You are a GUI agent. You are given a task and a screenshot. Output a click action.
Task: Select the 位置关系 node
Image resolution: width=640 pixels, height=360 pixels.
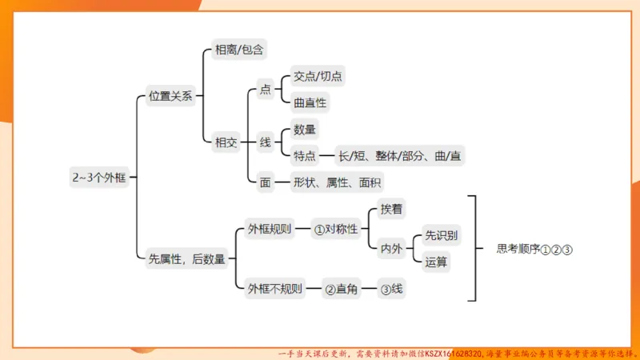170,96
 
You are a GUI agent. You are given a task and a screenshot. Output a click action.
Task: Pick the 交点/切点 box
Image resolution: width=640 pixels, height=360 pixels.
318,77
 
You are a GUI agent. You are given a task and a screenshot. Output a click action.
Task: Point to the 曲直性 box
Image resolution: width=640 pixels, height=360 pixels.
310,103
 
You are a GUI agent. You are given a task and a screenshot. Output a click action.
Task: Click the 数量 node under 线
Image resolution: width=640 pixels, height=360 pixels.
304,130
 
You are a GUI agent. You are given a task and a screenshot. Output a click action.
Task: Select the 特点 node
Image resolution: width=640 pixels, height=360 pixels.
304,155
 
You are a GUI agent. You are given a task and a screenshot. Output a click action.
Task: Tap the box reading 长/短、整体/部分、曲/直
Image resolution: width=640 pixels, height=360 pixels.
399,155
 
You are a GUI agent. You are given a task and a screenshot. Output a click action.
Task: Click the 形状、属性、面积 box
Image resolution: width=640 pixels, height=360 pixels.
337,182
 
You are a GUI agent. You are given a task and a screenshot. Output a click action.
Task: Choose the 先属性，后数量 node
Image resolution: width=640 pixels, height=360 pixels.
187,258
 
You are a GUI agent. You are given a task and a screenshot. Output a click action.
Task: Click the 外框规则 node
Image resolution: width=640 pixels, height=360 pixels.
269,230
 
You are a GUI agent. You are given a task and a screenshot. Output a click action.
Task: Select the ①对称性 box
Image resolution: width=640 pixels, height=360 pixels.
334,230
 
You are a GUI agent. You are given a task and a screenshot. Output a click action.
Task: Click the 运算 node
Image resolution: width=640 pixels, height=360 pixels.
436,262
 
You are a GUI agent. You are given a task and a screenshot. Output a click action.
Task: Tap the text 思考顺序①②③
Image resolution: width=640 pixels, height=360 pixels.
534,249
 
